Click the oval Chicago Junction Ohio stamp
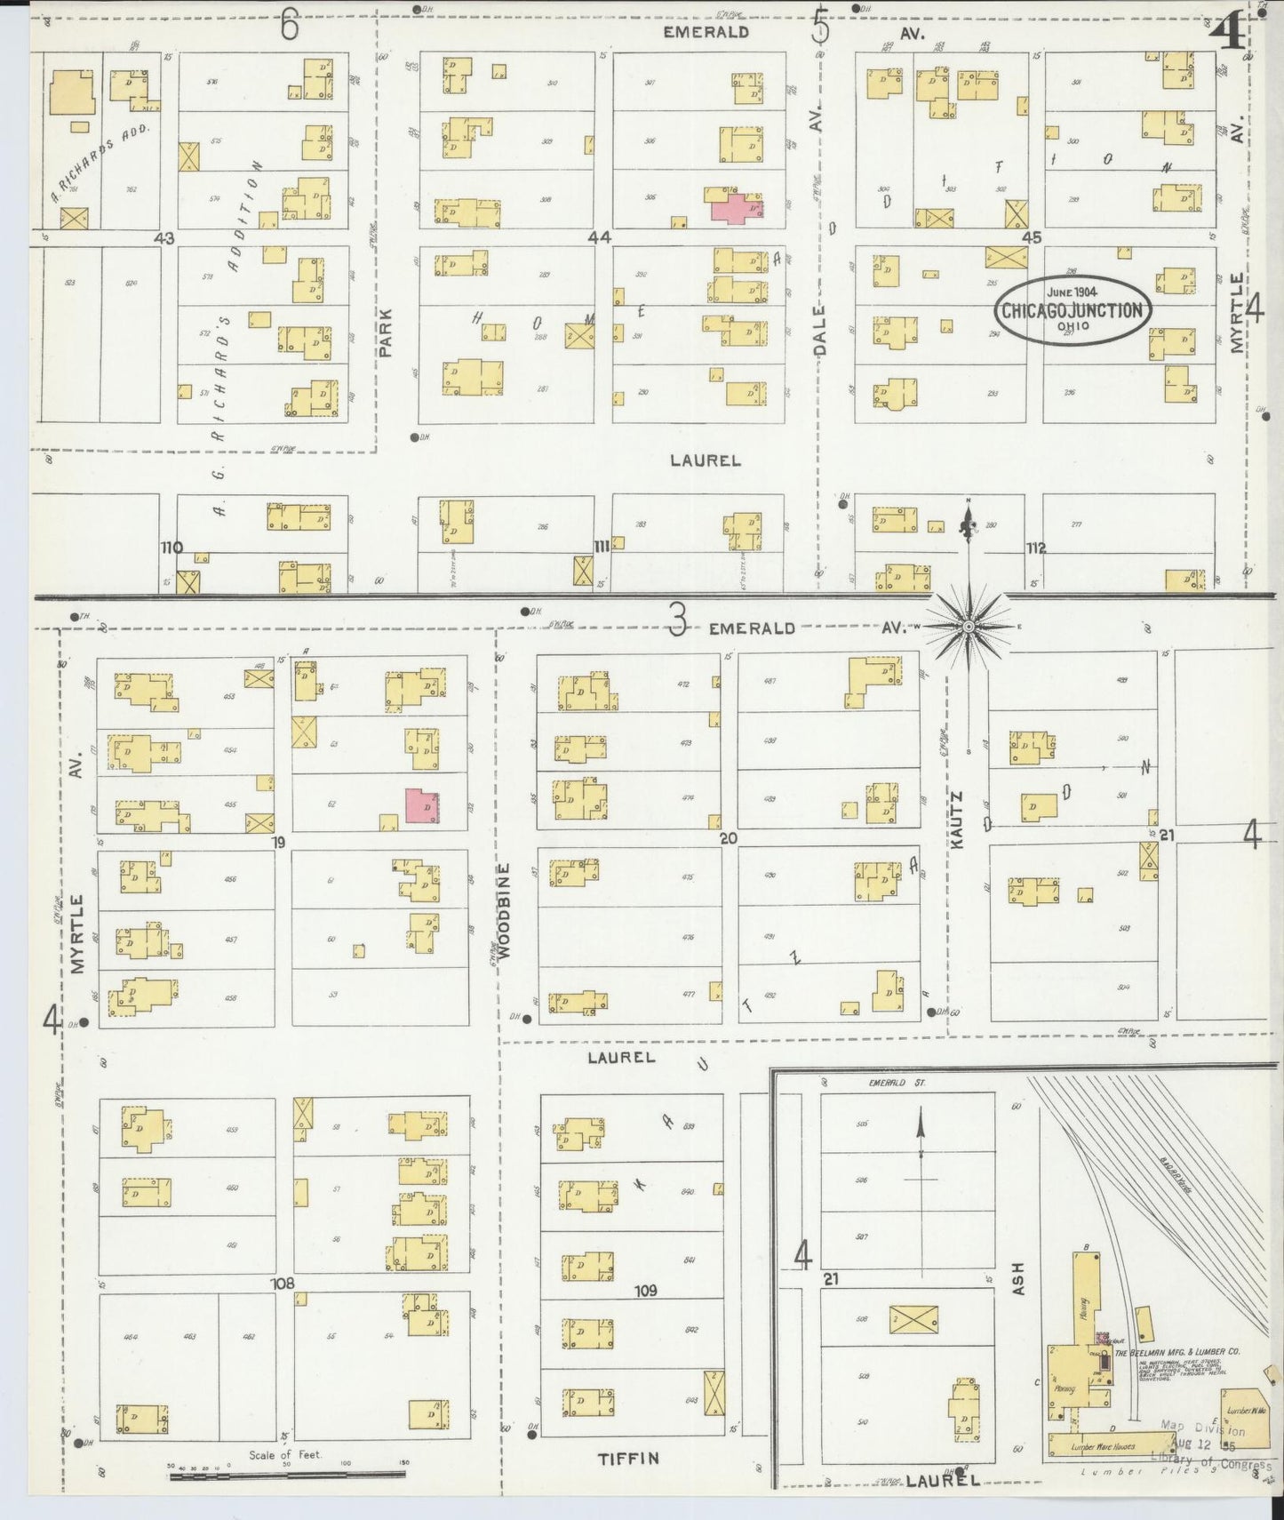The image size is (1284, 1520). tap(1072, 309)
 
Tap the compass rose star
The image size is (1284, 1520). tap(969, 627)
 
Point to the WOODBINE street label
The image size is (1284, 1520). tap(505, 910)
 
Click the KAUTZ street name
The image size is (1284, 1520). tap(957, 820)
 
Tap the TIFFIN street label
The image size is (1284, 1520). tap(628, 1458)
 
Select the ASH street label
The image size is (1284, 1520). tap(1018, 1278)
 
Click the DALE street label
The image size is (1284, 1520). tap(819, 331)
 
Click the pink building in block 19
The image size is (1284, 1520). tap(422, 805)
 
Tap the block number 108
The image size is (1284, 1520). tap(283, 1284)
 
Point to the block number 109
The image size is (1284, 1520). tap(645, 1290)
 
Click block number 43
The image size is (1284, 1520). tap(163, 237)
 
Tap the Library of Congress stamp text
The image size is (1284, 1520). tap(1210, 1460)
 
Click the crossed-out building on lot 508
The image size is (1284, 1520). tap(913, 1319)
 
